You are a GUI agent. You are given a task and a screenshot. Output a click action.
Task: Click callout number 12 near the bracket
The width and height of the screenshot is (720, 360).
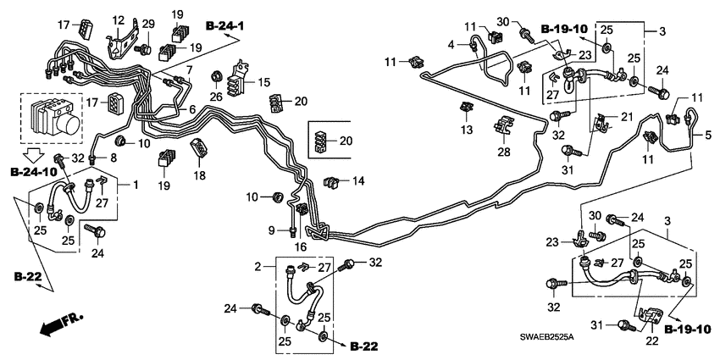pos(118,19)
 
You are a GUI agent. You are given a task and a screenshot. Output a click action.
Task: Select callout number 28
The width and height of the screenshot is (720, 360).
pos(504,152)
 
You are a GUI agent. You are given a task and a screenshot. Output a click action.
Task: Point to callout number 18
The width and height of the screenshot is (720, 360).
pos(199,174)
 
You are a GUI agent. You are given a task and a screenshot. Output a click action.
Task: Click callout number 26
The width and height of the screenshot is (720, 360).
pos(216,96)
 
